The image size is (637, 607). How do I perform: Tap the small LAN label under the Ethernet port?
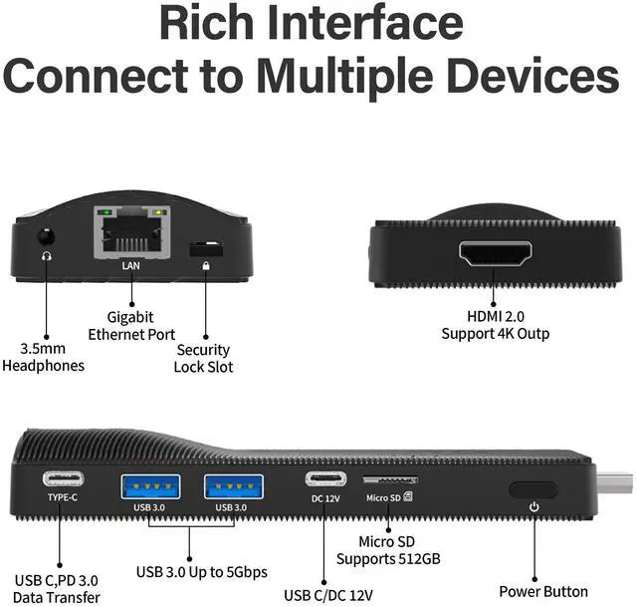coord(130,267)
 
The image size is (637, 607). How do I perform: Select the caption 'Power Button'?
coord(542,591)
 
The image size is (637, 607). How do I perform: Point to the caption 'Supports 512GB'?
coord(400,559)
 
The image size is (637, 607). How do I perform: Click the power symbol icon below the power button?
coord(533,506)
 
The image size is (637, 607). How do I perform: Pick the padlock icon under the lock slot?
coord(206,266)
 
